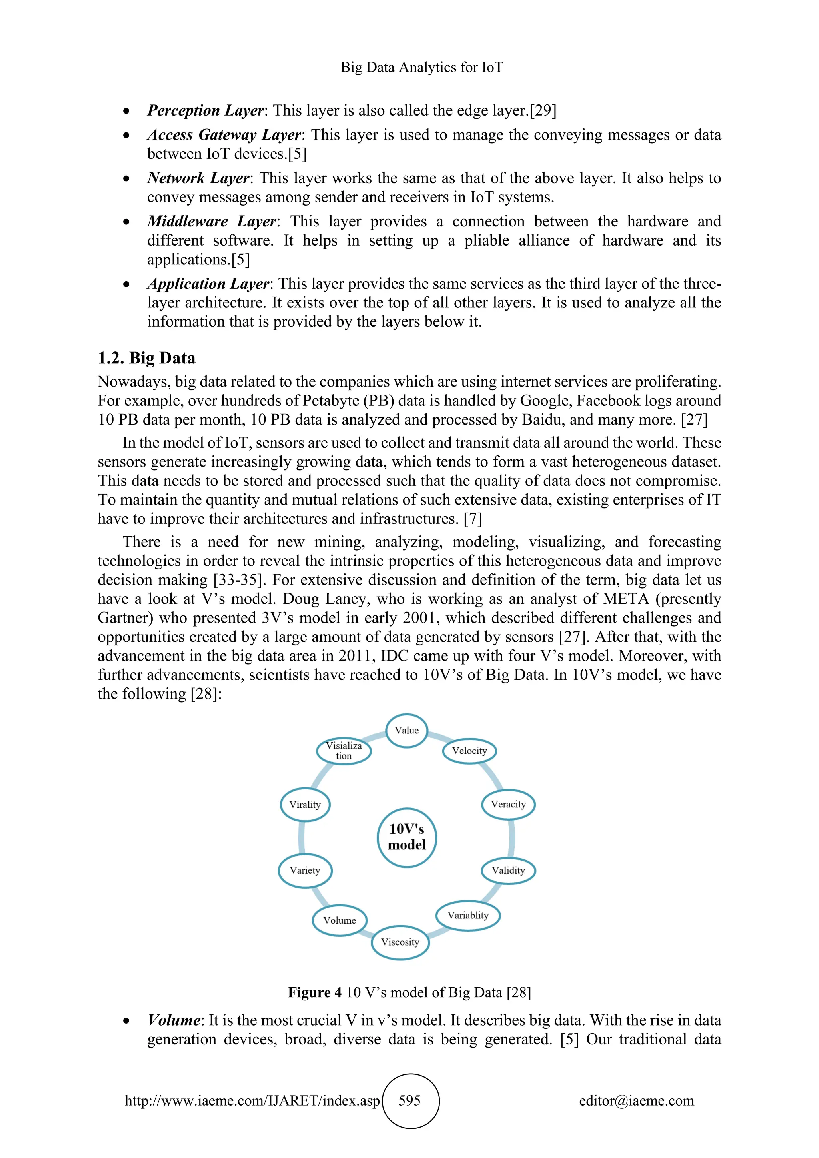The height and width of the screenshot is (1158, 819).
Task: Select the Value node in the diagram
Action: click(x=406, y=730)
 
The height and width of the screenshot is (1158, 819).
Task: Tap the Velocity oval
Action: click(x=469, y=751)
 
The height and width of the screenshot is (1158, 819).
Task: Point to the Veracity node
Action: click(x=508, y=805)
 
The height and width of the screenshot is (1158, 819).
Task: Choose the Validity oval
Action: click(x=508, y=870)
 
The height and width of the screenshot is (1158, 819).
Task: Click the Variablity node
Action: click(x=468, y=915)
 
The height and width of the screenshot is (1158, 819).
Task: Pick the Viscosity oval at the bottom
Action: click(x=400, y=942)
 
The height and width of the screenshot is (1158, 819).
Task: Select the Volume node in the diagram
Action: click(x=340, y=920)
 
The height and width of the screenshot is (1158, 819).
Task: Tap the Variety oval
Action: click(x=305, y=870)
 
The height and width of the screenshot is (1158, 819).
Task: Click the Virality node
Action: click(x=305, y=805)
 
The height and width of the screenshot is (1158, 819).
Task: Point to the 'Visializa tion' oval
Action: click(x=344, y=751)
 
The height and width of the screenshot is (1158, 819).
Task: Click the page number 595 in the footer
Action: click(x=409, y=1100)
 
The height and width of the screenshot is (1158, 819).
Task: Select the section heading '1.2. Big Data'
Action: click(x=146, y=358)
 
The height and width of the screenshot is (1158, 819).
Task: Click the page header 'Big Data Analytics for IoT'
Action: click(x=421, y=67)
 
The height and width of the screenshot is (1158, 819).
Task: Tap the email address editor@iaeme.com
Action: click(x=636, y=1100)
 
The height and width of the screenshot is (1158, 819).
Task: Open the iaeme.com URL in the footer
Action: click(x=252, y=1100)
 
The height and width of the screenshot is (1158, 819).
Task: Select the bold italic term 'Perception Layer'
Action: click(x=205, y=110)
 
